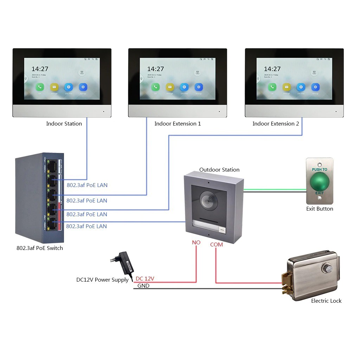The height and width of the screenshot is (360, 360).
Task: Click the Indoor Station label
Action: [64, 124]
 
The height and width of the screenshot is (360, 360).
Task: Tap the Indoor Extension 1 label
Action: [178, 124]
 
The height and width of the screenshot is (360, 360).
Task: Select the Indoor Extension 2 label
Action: [276, 124]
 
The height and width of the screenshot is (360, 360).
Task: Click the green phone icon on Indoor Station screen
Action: [40, 87]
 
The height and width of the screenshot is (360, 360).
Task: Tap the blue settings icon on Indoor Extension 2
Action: [315, 87]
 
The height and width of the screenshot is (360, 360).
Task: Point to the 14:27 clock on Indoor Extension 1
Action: [155, 69]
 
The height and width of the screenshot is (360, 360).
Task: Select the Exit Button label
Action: [319, 209]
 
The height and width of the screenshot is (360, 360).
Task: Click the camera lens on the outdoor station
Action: [207, 200]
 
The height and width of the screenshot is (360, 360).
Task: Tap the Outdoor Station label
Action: [219, 170]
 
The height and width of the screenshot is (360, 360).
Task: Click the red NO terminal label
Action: [196, 243]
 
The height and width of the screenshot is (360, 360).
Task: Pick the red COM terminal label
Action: [216, 244]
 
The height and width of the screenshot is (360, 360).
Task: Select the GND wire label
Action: [143, 286]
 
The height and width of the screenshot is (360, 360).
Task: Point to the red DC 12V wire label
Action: [145, 279]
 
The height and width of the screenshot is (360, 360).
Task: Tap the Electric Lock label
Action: [326, 301]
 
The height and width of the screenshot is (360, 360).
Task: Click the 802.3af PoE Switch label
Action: [40, 248]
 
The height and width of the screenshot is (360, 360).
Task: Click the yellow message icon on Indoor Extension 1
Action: [170, 87]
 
